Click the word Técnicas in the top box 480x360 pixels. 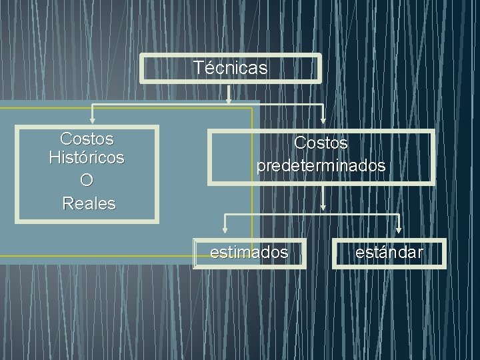pos(230,68)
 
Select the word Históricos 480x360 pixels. pos(87,159)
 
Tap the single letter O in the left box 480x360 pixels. pos(87,181)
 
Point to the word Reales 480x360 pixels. pos(89,203)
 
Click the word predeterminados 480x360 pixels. pos(321,165)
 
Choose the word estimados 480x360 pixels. pos(249,253)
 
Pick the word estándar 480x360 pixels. pos(389,253)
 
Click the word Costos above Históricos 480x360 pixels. pos(87,139)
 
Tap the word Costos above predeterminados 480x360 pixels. pos(321,143)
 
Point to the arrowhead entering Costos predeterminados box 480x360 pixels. pos(323,121)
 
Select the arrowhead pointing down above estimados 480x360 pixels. pos(225,230)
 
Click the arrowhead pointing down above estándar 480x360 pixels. pos(399,230)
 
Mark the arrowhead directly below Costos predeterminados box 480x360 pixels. pos(323,207)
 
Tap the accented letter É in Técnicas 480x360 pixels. pos(207,68)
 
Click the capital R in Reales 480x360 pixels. pos(67,203)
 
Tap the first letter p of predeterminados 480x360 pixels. pos(261,167)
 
